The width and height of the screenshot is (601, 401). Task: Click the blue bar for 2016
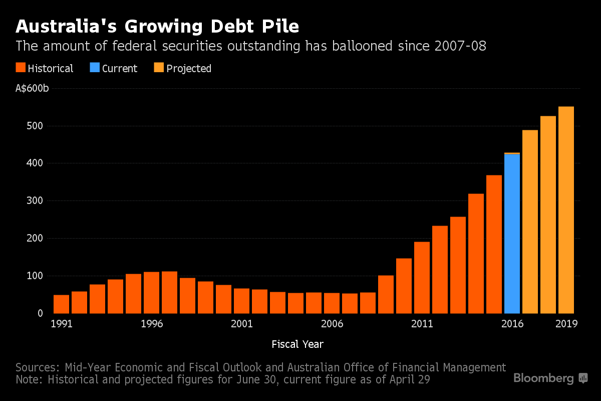(512, 234)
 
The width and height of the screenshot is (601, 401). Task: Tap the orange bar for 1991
(61, 304)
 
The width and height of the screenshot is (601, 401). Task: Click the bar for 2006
(332, 303)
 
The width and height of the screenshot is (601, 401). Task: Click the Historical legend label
(51, 68)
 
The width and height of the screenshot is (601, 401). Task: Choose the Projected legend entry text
(189, 68)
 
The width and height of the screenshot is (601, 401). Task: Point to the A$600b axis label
(32, 88)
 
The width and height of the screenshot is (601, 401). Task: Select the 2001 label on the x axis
(242, 324)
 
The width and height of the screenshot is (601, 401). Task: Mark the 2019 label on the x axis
(567, 324)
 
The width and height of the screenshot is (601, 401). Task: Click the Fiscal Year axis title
(297, 344)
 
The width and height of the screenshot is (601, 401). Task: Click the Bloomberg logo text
(543, 378)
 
